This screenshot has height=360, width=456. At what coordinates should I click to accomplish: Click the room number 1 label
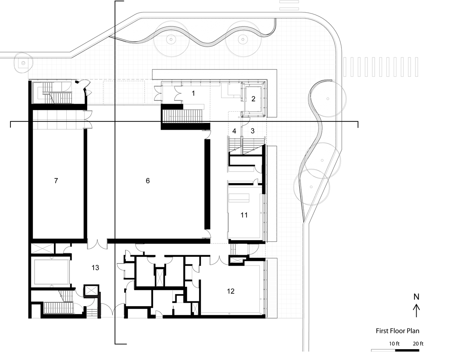(193, 93)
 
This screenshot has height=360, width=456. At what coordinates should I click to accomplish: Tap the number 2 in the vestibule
(253, 99)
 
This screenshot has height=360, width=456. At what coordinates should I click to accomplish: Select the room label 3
(253, 131)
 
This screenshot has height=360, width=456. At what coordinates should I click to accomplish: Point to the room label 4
(234, 131)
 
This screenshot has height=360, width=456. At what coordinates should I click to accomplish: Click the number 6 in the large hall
(148, 181)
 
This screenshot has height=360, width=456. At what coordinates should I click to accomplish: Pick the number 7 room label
(56, 181)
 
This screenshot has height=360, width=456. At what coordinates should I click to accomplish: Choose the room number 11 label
(244, 215)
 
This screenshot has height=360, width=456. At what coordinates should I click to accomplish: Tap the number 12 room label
(231, 291)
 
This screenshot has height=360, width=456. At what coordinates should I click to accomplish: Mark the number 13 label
(95, 268)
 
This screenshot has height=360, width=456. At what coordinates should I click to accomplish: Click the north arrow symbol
(417, 311)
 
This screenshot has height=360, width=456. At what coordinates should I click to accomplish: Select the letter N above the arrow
(417, 297)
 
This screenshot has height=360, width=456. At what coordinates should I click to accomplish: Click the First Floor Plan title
(398, 331)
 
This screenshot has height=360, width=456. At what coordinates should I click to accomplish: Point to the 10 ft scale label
(394, 344)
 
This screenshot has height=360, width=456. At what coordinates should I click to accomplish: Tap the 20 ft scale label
(418, 344)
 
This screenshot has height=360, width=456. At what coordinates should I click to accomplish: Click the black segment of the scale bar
(407, 350)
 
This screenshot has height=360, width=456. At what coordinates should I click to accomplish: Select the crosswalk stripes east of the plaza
(381, 67)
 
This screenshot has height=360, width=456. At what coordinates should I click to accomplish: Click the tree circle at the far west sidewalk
(23, 62)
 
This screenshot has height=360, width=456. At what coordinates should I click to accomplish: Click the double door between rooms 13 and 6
(97, 244)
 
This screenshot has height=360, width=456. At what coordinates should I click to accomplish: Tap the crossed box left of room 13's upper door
(43, 249)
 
